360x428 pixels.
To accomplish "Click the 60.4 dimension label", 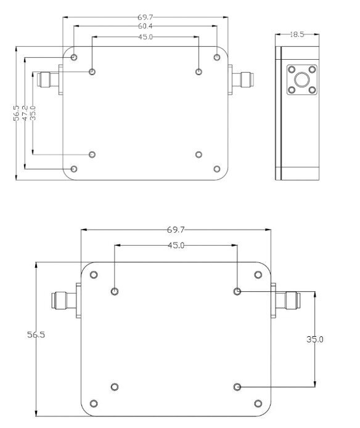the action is click(145, 26).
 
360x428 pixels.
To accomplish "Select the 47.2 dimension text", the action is click(25, 113).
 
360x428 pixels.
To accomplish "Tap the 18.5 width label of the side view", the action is click(297, 34).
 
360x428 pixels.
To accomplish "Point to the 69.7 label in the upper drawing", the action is click(145, 17).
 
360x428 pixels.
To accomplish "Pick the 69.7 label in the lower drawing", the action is click(176, 230).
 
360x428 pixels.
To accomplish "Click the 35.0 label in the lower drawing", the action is click(314, 339).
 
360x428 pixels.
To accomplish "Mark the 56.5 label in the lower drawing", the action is click(36, 334).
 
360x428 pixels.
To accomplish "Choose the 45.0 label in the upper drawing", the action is click(145, 37).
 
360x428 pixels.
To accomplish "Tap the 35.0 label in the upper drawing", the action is click(33, 113).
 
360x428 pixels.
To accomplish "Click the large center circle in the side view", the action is click(302, 79).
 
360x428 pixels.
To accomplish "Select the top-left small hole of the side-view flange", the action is click(292, 70).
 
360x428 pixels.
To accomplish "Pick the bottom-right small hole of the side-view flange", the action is click(312, 90).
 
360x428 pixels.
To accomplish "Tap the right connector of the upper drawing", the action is click(241, 79).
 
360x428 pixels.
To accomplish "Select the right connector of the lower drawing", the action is click(285, 301).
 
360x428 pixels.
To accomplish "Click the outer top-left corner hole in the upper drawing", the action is click(74, 57).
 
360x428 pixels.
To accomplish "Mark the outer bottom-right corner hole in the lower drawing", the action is click(258, 403).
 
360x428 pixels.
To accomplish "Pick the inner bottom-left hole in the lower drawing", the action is click(115, 387).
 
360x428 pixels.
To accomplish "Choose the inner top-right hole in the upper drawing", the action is click(199, 72).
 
